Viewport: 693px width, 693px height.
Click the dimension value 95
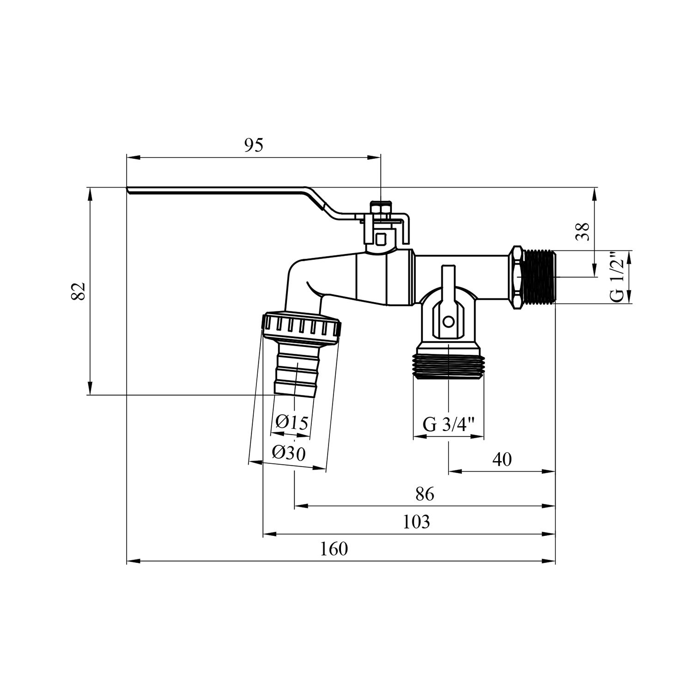click(x=253, y=145)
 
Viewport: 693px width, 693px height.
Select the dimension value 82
click(x=79, y=291)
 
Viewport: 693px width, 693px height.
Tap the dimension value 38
click(x=584, y=231)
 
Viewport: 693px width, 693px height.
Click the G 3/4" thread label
click(x=449, y=424)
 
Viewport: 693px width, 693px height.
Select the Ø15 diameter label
click(x=291, y=422)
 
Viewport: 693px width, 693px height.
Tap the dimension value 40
click(x=502, y=459)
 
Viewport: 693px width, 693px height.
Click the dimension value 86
click(x=425, y=494)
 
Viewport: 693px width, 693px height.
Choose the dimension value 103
click(x=416, y=522)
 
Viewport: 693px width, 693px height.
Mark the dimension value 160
click(x=334, y=549)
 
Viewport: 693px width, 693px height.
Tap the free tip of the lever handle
click(x=129, y=189)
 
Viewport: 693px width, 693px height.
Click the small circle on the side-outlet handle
click(x=447, y=321)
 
